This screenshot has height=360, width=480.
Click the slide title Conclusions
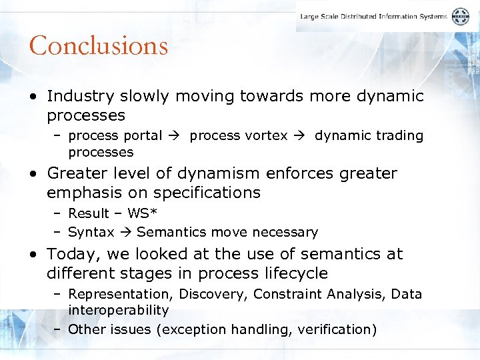(98, 45)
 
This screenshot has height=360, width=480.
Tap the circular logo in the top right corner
(460, 17)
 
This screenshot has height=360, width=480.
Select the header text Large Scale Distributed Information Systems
(373, 17)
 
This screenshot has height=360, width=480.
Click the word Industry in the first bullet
(76, 96)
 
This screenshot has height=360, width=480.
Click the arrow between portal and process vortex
(175, 135)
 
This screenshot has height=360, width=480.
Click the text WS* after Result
(137, 213)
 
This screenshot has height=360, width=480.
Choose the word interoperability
(118, 310)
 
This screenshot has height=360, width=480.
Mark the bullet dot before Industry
(33, 97)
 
